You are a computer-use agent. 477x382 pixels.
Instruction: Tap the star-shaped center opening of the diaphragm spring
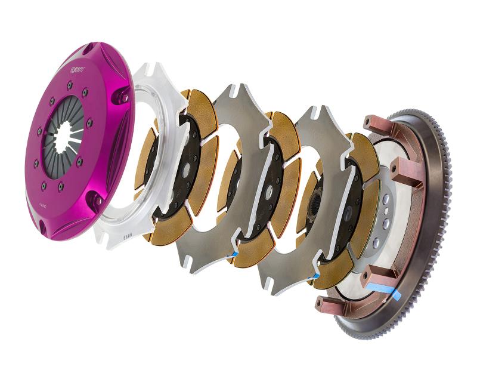(x=67, y=138)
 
